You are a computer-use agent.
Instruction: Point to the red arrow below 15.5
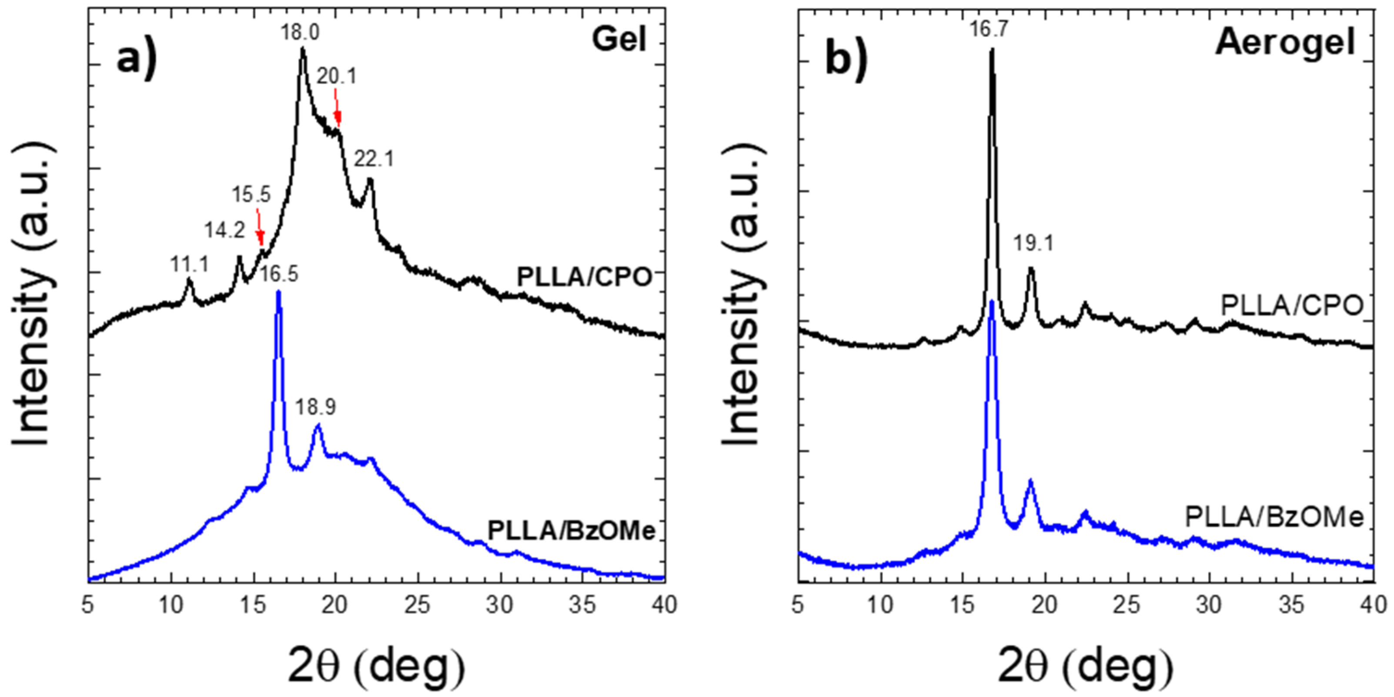point(259,227)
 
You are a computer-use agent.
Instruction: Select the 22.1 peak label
point(374,159)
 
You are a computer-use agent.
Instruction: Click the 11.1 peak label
point(189,265)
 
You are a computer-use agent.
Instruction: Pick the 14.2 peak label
point(224,231)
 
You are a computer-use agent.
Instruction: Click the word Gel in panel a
point(619,39)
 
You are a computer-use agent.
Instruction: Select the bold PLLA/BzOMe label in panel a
point(572,530)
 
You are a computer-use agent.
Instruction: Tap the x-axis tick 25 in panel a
point(418,605)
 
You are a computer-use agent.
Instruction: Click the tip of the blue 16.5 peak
point(279,292)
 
